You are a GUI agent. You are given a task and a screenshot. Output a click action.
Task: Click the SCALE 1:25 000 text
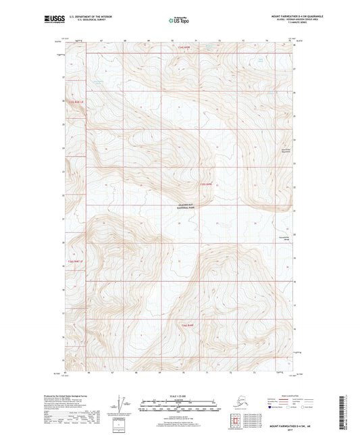(x=180, y=396)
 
